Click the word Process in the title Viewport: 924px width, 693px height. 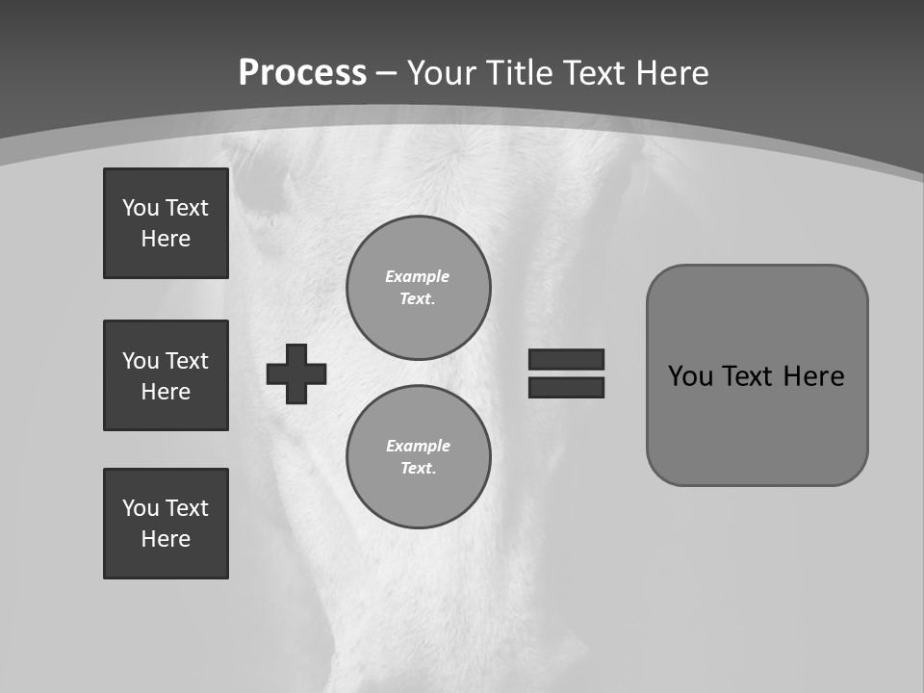(x=302, y=73)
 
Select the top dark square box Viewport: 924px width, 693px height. (x=166, y=223)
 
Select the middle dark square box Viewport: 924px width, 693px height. (x=166, y=375)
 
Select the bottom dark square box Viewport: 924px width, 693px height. (x=166, y=524)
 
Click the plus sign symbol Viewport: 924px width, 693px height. (x=296, y=373)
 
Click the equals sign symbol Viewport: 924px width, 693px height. (x=566, y=373)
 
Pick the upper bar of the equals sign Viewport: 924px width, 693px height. (x=566, y=359)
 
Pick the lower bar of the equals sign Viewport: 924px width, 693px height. (x=566, y=388)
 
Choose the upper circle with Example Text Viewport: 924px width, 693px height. (x=419, y=288)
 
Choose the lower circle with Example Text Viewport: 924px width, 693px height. (x=419, y=457)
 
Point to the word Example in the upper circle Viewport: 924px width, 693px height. (x=418, y=276)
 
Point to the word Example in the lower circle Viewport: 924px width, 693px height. (x=418, y=446)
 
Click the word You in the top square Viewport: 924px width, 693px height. (x=141, y=208)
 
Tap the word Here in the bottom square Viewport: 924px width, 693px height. (x=166, y=539)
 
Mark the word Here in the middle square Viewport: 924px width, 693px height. (x=166, y=392)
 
